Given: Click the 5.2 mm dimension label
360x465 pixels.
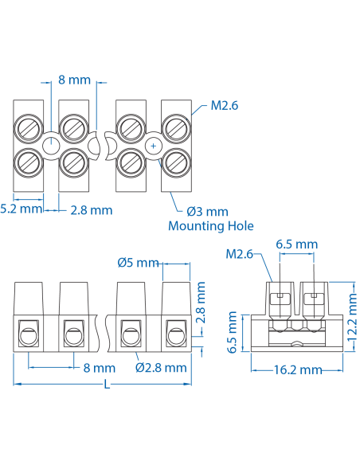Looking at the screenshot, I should [21, 209].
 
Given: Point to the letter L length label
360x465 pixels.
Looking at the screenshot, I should [107, 384].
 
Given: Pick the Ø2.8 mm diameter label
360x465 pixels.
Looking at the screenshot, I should [161, 368].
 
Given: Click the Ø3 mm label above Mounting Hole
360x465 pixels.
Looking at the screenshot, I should [207, 212].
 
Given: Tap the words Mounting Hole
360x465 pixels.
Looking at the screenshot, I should [210, 226].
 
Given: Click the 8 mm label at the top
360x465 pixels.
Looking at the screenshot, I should [75, 80].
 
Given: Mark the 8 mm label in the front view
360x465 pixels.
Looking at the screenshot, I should [100, 368].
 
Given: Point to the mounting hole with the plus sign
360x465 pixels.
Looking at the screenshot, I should [153, 146].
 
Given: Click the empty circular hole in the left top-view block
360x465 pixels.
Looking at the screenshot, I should [50, 146].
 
